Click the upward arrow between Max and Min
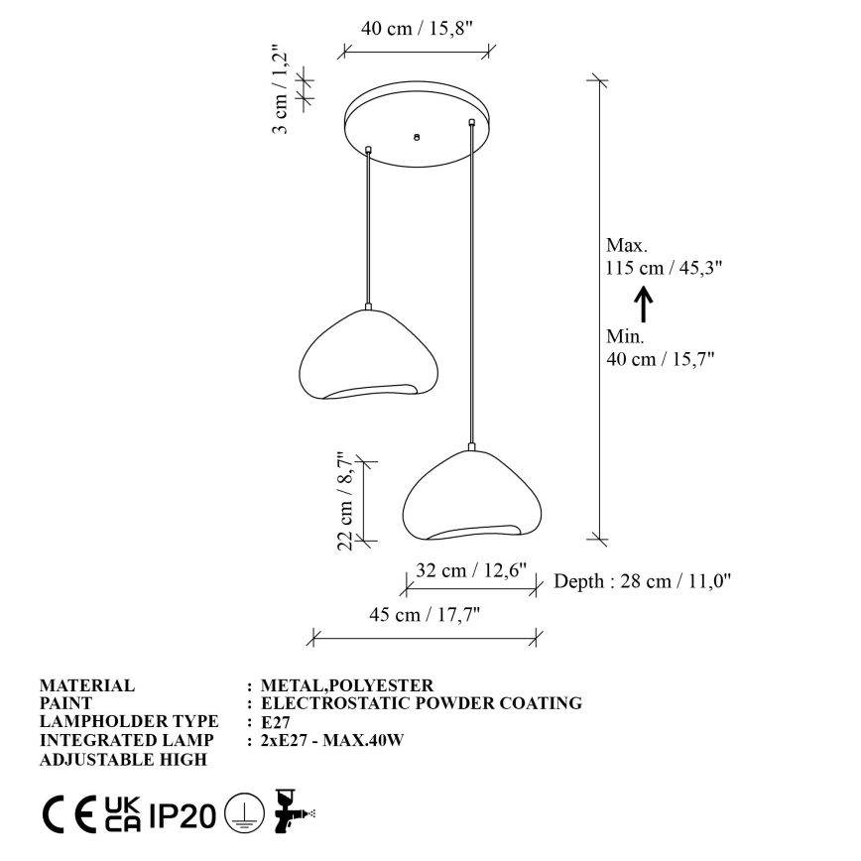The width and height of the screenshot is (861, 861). (x=643, y=303)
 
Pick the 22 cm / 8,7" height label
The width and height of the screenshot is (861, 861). (x=346, y=498)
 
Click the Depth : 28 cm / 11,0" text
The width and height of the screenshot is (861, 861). (x=642, y=581)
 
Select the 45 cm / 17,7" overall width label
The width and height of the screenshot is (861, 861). (x=425, y=615)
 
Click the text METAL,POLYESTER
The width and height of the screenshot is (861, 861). (x=346, y=685)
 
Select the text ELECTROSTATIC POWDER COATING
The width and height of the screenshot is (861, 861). (x=421, y=703)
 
